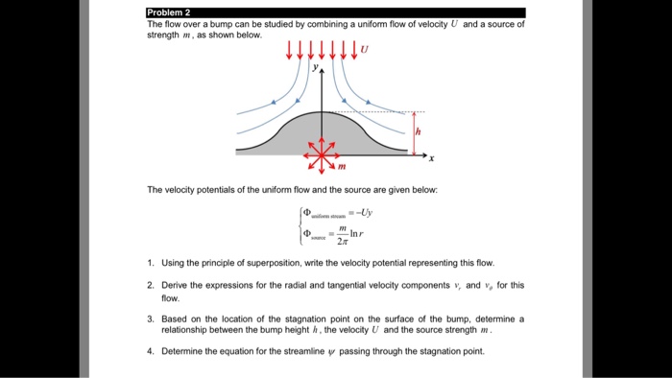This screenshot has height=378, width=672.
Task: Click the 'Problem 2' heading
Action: pos(169,12)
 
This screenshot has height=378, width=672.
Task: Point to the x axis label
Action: pos(432,158)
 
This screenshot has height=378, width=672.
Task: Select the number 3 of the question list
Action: pos(151,318)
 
